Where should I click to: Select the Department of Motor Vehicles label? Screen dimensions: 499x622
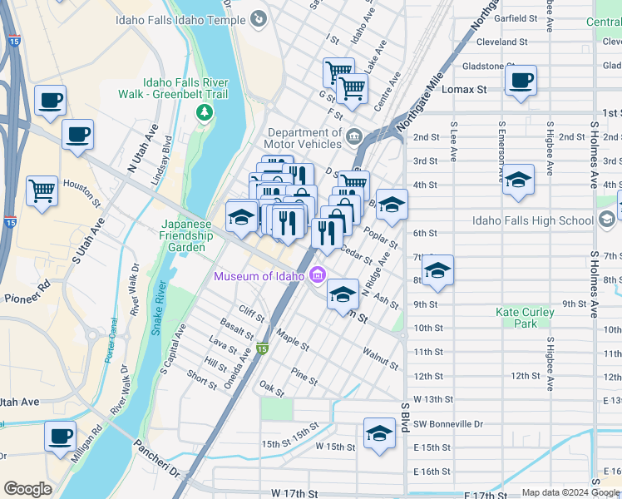click(x=304, y=138)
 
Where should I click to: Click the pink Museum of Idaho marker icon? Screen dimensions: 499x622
click(x=317, y=276)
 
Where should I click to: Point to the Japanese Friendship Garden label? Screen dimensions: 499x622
click(x=182, y=235)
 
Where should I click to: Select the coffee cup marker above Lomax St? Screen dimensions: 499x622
click(x=521, y=81)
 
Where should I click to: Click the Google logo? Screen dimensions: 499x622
click(x=27, y=489)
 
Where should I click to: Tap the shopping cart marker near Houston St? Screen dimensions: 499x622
click(x=42, y=191)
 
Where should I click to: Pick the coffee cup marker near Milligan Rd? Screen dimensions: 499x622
click(x=60, y=437)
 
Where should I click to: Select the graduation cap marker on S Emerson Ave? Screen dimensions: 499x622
click(x=517, y=180)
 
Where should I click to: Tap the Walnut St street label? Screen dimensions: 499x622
click(x=380, y=359)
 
